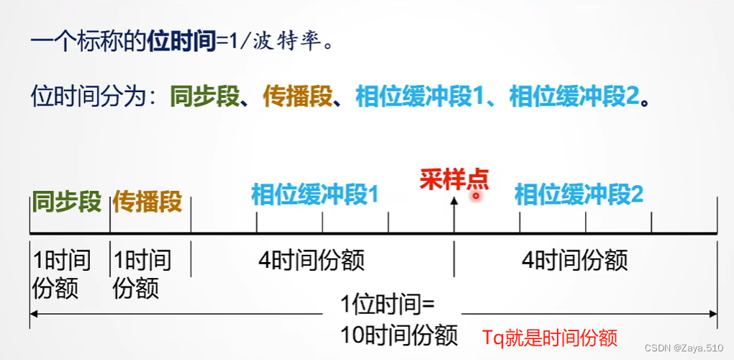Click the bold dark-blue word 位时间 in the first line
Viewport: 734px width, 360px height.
tap(181, 42)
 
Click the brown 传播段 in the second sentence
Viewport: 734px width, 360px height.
tap(298, 97)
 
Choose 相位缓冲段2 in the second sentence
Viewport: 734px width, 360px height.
tap(574, 97)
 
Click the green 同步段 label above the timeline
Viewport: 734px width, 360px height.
tap(67, 202)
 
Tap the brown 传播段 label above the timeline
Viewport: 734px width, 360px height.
tap(147, 202)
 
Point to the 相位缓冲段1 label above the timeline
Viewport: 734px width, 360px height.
tap(314, 194)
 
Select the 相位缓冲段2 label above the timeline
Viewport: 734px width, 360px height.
tap(579, 194)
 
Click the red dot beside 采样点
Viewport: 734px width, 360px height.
tap(476, 194)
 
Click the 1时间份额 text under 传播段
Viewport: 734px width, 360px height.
tap(142, 274)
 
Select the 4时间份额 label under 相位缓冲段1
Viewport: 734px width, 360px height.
tap(312, 261)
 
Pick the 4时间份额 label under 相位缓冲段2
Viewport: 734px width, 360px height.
tap(575, 261)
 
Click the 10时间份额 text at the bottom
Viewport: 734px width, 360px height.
tap(399, 335)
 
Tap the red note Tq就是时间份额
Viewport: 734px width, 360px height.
tap(550, 336)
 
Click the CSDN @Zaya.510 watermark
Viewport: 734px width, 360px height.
tap(686, 348)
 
